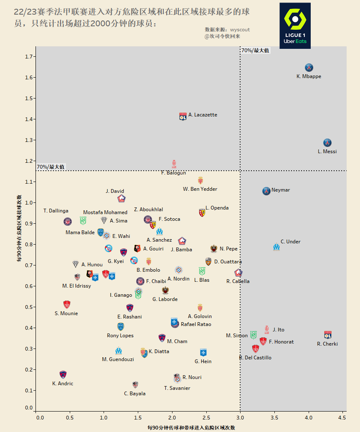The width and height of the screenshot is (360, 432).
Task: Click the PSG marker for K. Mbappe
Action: click(309, 68)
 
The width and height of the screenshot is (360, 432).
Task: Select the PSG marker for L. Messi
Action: click(328, 143)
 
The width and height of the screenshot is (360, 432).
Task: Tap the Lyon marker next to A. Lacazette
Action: click(183, 116)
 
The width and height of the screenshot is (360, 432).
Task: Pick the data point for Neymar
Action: click(266, 191)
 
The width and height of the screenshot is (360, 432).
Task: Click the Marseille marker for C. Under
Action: click(276, 247)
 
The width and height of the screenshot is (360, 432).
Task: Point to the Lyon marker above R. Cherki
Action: click(328, 335)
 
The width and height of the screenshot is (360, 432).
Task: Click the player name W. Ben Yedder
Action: click(200, 189)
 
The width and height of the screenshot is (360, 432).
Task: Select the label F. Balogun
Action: click(173, 173)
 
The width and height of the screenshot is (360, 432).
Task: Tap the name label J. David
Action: click(115, 191)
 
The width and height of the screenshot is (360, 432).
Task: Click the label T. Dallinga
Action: click(56, 211)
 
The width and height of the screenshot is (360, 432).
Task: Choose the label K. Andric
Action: click(63, 384)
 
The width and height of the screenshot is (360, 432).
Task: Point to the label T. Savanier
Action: click(177, 388)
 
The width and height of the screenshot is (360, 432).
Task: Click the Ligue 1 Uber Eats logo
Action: click(295, 26)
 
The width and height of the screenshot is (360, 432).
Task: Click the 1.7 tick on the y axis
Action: click(30, 57)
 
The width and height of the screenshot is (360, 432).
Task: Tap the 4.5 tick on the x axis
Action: click(342, 417)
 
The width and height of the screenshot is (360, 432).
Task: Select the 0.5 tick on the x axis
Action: click(73, 417)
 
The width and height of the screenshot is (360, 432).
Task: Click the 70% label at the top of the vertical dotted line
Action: click(255, 51)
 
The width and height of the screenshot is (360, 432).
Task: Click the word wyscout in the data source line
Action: click(240, 30)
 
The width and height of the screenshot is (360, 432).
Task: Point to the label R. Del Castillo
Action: click(255, 358)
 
